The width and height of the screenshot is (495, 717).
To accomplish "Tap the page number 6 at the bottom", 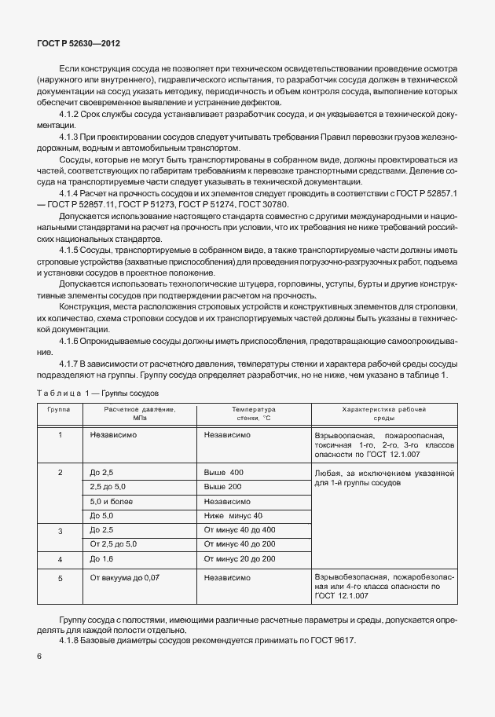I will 38,657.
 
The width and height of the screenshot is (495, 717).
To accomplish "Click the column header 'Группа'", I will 59,410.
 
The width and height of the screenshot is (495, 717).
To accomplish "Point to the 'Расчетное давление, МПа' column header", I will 140,415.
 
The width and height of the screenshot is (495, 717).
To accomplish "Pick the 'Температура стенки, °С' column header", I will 253,415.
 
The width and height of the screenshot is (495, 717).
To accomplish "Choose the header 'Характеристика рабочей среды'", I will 383,415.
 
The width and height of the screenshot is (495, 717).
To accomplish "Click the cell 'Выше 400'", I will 224,472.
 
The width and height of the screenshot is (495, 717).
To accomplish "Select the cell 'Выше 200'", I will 224,486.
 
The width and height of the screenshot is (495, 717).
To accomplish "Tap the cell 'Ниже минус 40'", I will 233,515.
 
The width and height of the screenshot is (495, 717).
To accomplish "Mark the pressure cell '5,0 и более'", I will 113,501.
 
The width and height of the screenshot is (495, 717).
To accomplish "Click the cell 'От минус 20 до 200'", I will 240,558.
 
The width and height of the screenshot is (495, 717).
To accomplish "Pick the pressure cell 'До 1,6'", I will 103,558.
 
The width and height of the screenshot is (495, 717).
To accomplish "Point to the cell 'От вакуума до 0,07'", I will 125,577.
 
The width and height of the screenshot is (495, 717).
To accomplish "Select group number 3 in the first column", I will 60,532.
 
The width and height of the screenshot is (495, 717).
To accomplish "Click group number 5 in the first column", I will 60,577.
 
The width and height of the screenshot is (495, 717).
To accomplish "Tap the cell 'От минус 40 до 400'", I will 240,530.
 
